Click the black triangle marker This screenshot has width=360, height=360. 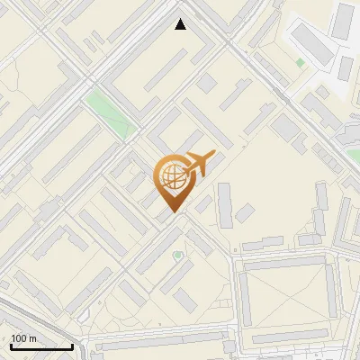coord(181,24)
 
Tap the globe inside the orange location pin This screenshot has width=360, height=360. coord(172,176)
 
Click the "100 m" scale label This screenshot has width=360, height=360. coord(24,338)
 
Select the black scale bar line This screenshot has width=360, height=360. coord(41,346)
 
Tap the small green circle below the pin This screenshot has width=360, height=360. coord(177,256)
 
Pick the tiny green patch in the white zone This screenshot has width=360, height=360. coord(300,63)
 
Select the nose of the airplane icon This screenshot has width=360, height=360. coord(213,155)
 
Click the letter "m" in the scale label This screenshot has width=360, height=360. coord(33,338)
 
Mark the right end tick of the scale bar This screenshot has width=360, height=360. coord(72,346)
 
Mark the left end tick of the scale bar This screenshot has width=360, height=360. coord(11,346)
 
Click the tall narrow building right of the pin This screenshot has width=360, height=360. coord(224,204)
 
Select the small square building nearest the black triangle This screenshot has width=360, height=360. coord(208,83)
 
